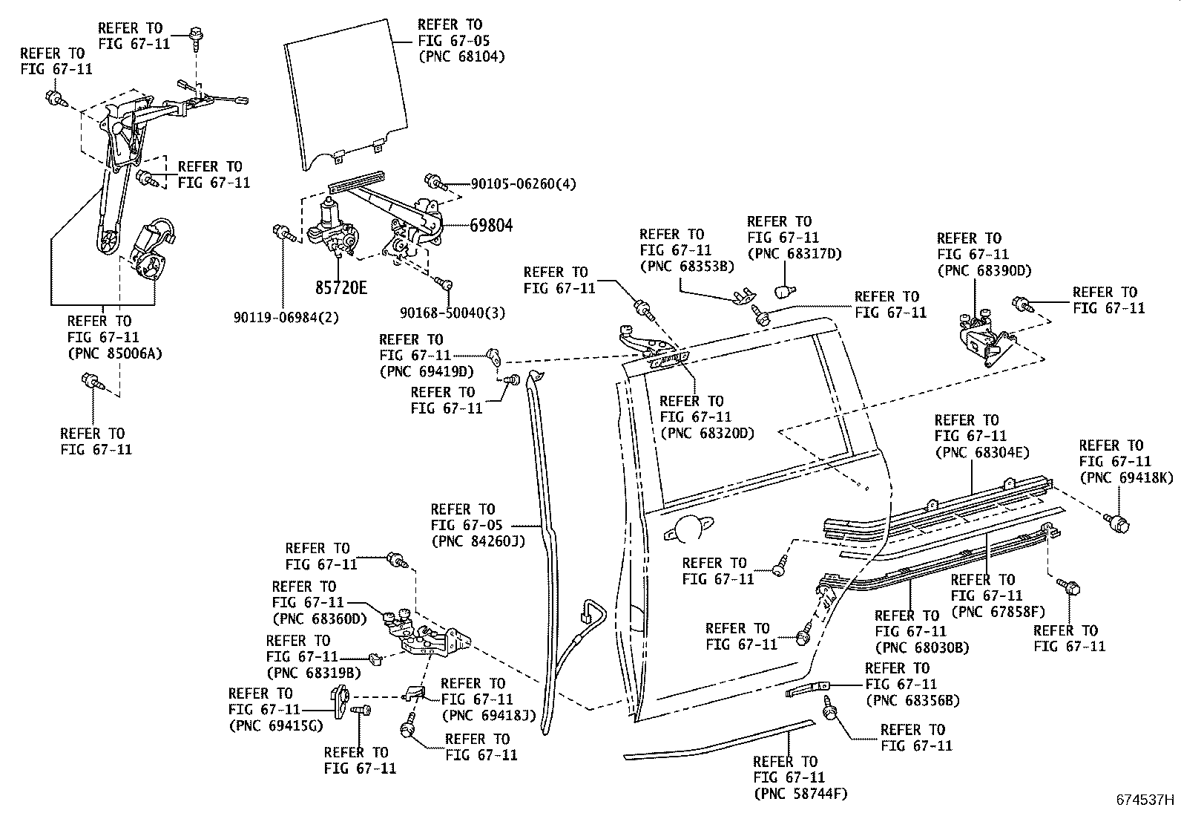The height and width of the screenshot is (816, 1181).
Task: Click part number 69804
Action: (490, 225)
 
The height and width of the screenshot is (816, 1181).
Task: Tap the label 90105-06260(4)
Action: (523, 183)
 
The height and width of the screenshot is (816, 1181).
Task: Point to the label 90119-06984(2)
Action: (286, 317)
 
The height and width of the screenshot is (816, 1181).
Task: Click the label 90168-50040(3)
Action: (452, 313)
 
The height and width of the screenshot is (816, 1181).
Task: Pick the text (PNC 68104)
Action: (461, 56)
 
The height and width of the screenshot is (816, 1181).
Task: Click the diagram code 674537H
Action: (1146, 800)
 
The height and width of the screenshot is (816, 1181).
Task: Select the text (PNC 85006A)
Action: (114, 353)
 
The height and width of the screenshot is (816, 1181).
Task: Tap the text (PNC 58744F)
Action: (800, 794)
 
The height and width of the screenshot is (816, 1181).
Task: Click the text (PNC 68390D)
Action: (984, 271)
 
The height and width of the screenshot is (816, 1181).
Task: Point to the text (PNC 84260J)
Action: (478, 541)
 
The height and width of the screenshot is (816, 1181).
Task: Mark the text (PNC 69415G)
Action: (276, 725)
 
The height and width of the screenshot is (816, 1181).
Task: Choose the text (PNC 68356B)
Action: (912, 700)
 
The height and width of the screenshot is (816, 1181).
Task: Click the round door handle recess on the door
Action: (692, 526)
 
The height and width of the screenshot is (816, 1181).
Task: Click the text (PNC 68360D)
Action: (319, 618)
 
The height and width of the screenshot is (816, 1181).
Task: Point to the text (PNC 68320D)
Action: (706, 434)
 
